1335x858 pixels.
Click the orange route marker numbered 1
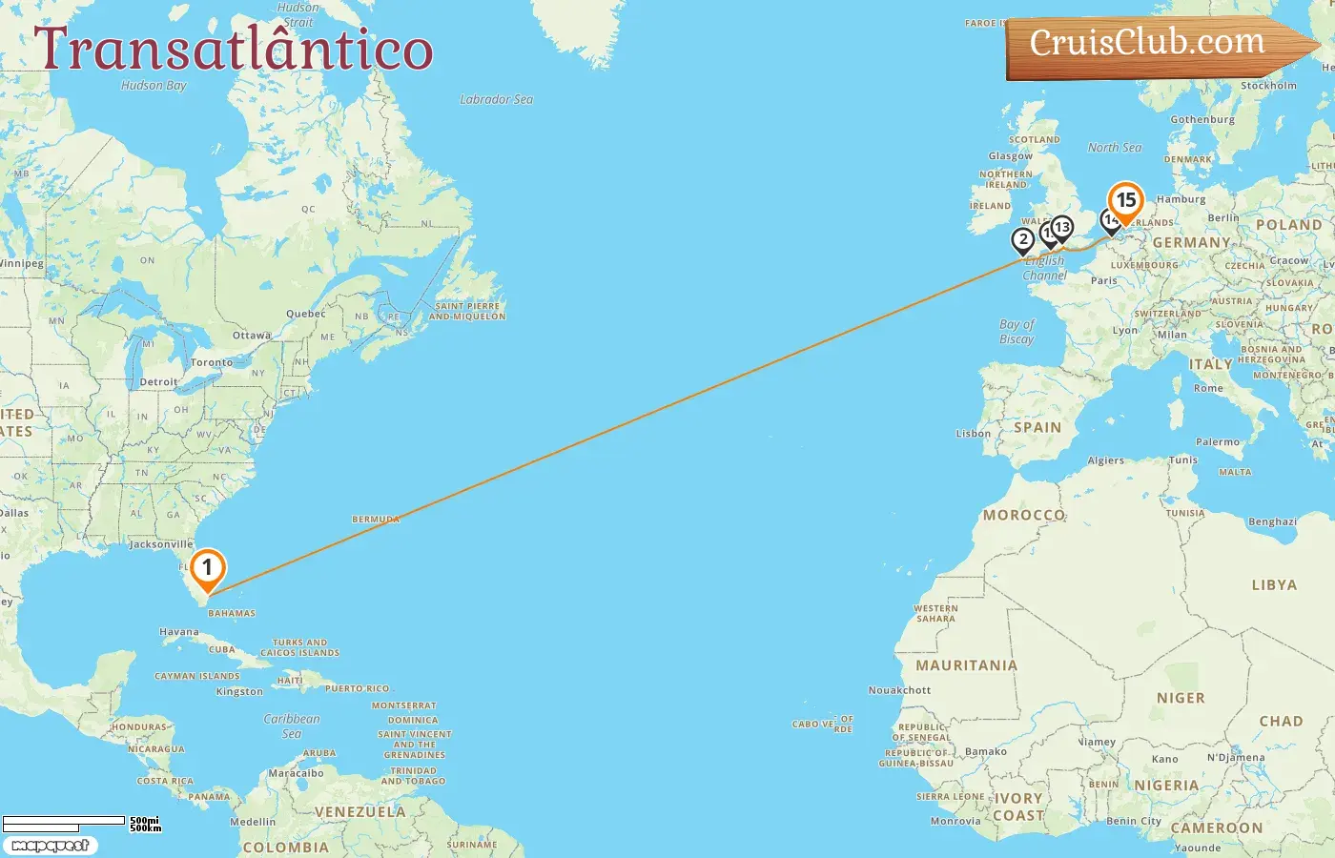coord(207,569)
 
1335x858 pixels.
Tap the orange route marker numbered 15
coord(1126,201)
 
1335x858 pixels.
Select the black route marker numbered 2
coord(1023,240)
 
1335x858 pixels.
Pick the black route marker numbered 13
coord(1062,228)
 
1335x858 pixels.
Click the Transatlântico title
coord(234,50)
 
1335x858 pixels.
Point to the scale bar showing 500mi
coord(65,821)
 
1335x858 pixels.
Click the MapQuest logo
coord(51,846)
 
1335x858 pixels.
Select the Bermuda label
coord(376,520)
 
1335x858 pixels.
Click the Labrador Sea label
coord(496,99)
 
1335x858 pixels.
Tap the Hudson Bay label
coord(154,85)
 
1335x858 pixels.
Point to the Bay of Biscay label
coord(1017,332)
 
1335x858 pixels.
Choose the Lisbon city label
coord(974,434)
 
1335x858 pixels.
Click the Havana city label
coord(179,632)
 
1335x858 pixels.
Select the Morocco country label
coord(1024,515)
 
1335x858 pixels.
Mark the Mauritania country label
coord(966,665)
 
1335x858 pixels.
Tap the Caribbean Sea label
coord(292,725)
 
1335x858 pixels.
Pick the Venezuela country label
coord(359,812)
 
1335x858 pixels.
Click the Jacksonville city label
coord(160,544)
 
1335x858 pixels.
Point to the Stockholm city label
coord(1268,86)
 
